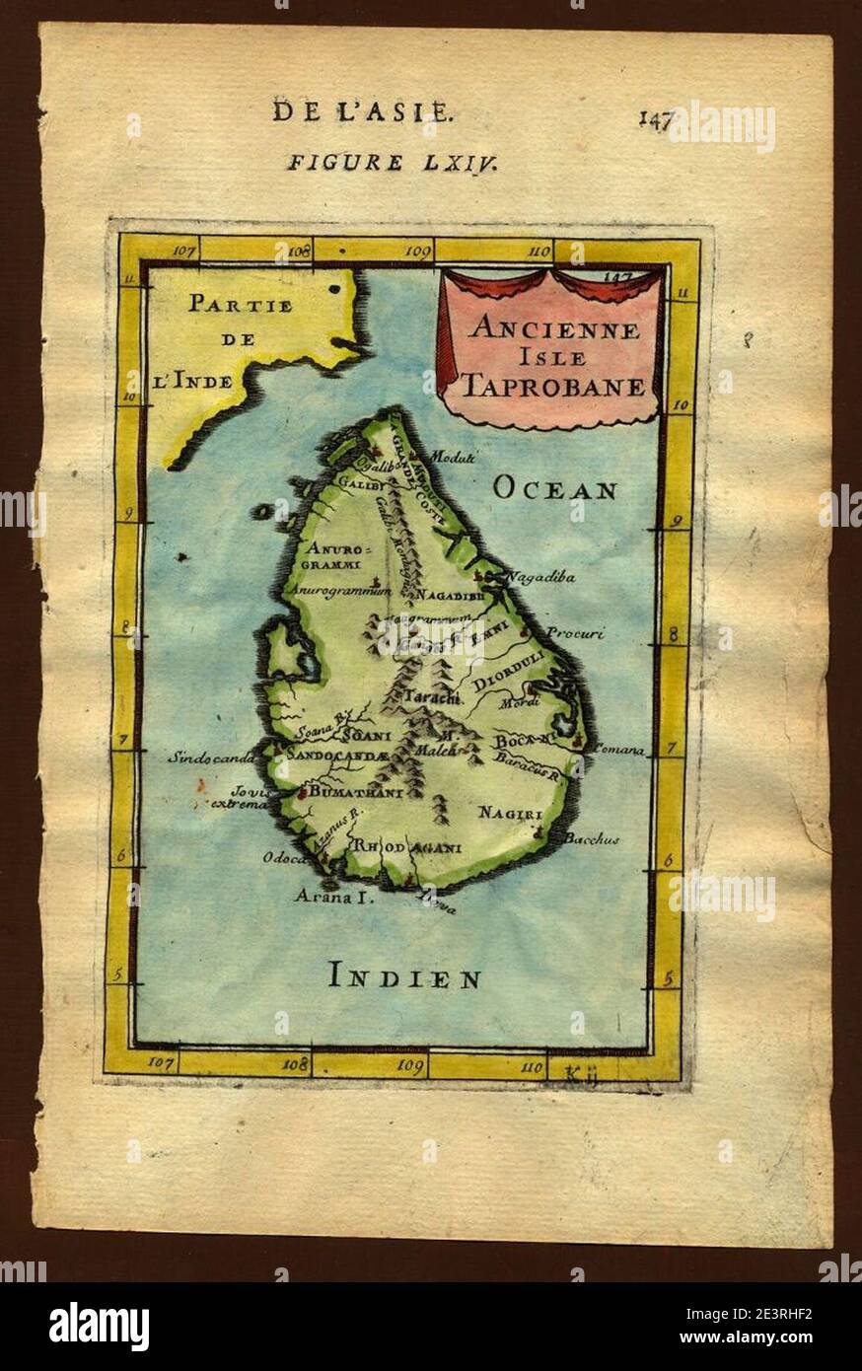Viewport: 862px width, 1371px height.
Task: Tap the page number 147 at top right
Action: pos(655,119)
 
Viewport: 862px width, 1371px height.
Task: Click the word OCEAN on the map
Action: pos(555,488)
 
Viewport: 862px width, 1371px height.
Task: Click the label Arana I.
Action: pos(331,896)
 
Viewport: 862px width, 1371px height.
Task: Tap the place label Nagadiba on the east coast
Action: pos(540,578)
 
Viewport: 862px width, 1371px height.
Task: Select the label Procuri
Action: pos(575,633)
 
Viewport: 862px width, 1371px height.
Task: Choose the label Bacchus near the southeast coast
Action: pos(592,839)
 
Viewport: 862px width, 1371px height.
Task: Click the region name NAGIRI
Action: pos(509,813)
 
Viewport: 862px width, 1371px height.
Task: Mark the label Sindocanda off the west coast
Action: pos(211,758)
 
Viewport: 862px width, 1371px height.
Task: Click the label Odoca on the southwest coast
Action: pos(284,858)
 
